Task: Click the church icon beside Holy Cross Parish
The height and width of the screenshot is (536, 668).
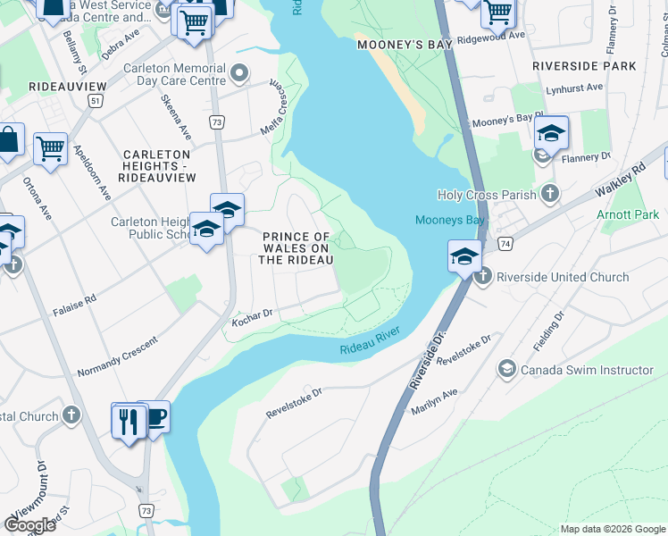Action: [550, 194]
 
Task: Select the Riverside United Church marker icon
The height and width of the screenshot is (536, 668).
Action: [483, 277]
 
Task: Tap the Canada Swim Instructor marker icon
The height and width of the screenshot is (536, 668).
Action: [507, 370]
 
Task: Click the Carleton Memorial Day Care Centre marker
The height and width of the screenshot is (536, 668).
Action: [238, 71]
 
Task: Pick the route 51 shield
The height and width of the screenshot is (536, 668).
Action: [95, 102]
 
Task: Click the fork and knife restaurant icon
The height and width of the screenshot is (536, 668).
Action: [129, 420]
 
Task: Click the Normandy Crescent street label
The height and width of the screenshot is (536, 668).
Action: [116, 355]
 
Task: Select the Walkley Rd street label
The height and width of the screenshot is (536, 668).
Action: [625, 180]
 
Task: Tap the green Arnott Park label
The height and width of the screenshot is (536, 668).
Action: [628, 214]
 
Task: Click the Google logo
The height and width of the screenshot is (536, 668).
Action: [29, 524]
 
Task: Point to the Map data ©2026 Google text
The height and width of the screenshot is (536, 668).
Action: [612, 529]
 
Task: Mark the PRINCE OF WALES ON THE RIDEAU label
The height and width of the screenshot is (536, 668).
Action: [296, 247]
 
